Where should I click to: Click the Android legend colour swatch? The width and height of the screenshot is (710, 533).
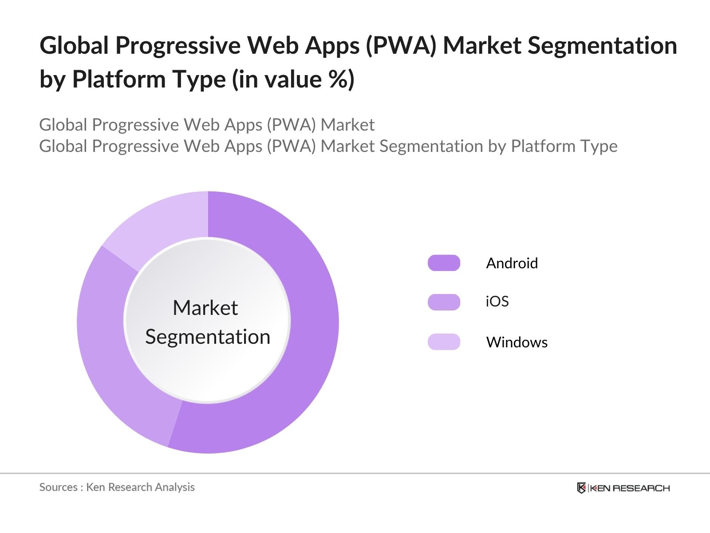click(444, 263)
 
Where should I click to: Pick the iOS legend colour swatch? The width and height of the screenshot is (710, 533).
click(444, 302)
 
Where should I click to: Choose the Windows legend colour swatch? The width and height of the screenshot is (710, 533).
click(444, 342)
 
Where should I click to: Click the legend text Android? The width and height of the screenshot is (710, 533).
click(512, 263)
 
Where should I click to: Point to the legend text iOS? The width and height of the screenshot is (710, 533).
click(497, 302)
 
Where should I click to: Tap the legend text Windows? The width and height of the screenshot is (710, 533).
click(517, 342)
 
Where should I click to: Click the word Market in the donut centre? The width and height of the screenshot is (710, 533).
click(205, 308)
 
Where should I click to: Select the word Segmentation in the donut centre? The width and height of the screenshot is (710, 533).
click(208, 337)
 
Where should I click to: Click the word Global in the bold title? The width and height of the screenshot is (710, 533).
click(74, 45)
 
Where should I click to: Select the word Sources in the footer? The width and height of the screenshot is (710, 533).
click(58, 487)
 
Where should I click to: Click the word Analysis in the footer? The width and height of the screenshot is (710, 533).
click(175, 487)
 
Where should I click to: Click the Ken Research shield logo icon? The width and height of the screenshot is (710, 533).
click(581, 488)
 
